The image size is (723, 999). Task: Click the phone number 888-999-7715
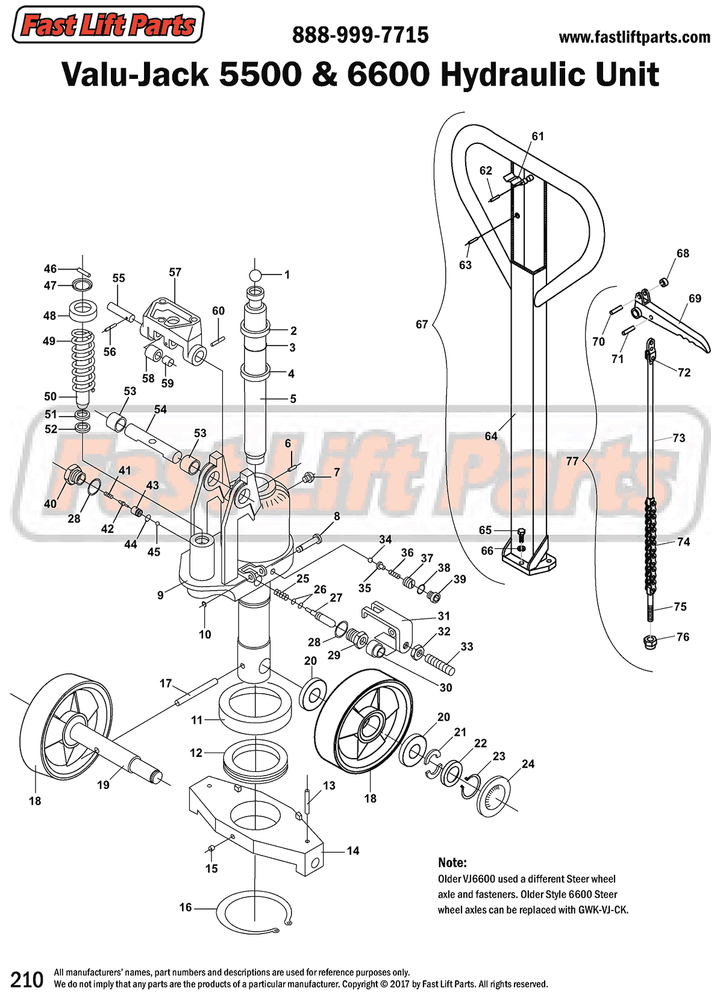(360, 36)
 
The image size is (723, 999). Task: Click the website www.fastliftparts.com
(634, 38)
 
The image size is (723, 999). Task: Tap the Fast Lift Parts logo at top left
(108, 25)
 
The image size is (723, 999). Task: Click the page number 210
(27, 980)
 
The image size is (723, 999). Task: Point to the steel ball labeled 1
(255, 275)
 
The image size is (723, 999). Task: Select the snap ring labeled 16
(254, 912)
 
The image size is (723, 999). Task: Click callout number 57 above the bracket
(175, 272)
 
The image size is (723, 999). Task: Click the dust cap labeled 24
(493, 796)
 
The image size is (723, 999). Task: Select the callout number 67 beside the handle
(422, 325)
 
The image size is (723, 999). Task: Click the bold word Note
(452, 862)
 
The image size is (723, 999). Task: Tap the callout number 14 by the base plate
(353, 850)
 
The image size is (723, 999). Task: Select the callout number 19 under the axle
(104, 785)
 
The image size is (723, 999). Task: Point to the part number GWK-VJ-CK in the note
(603, 910)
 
